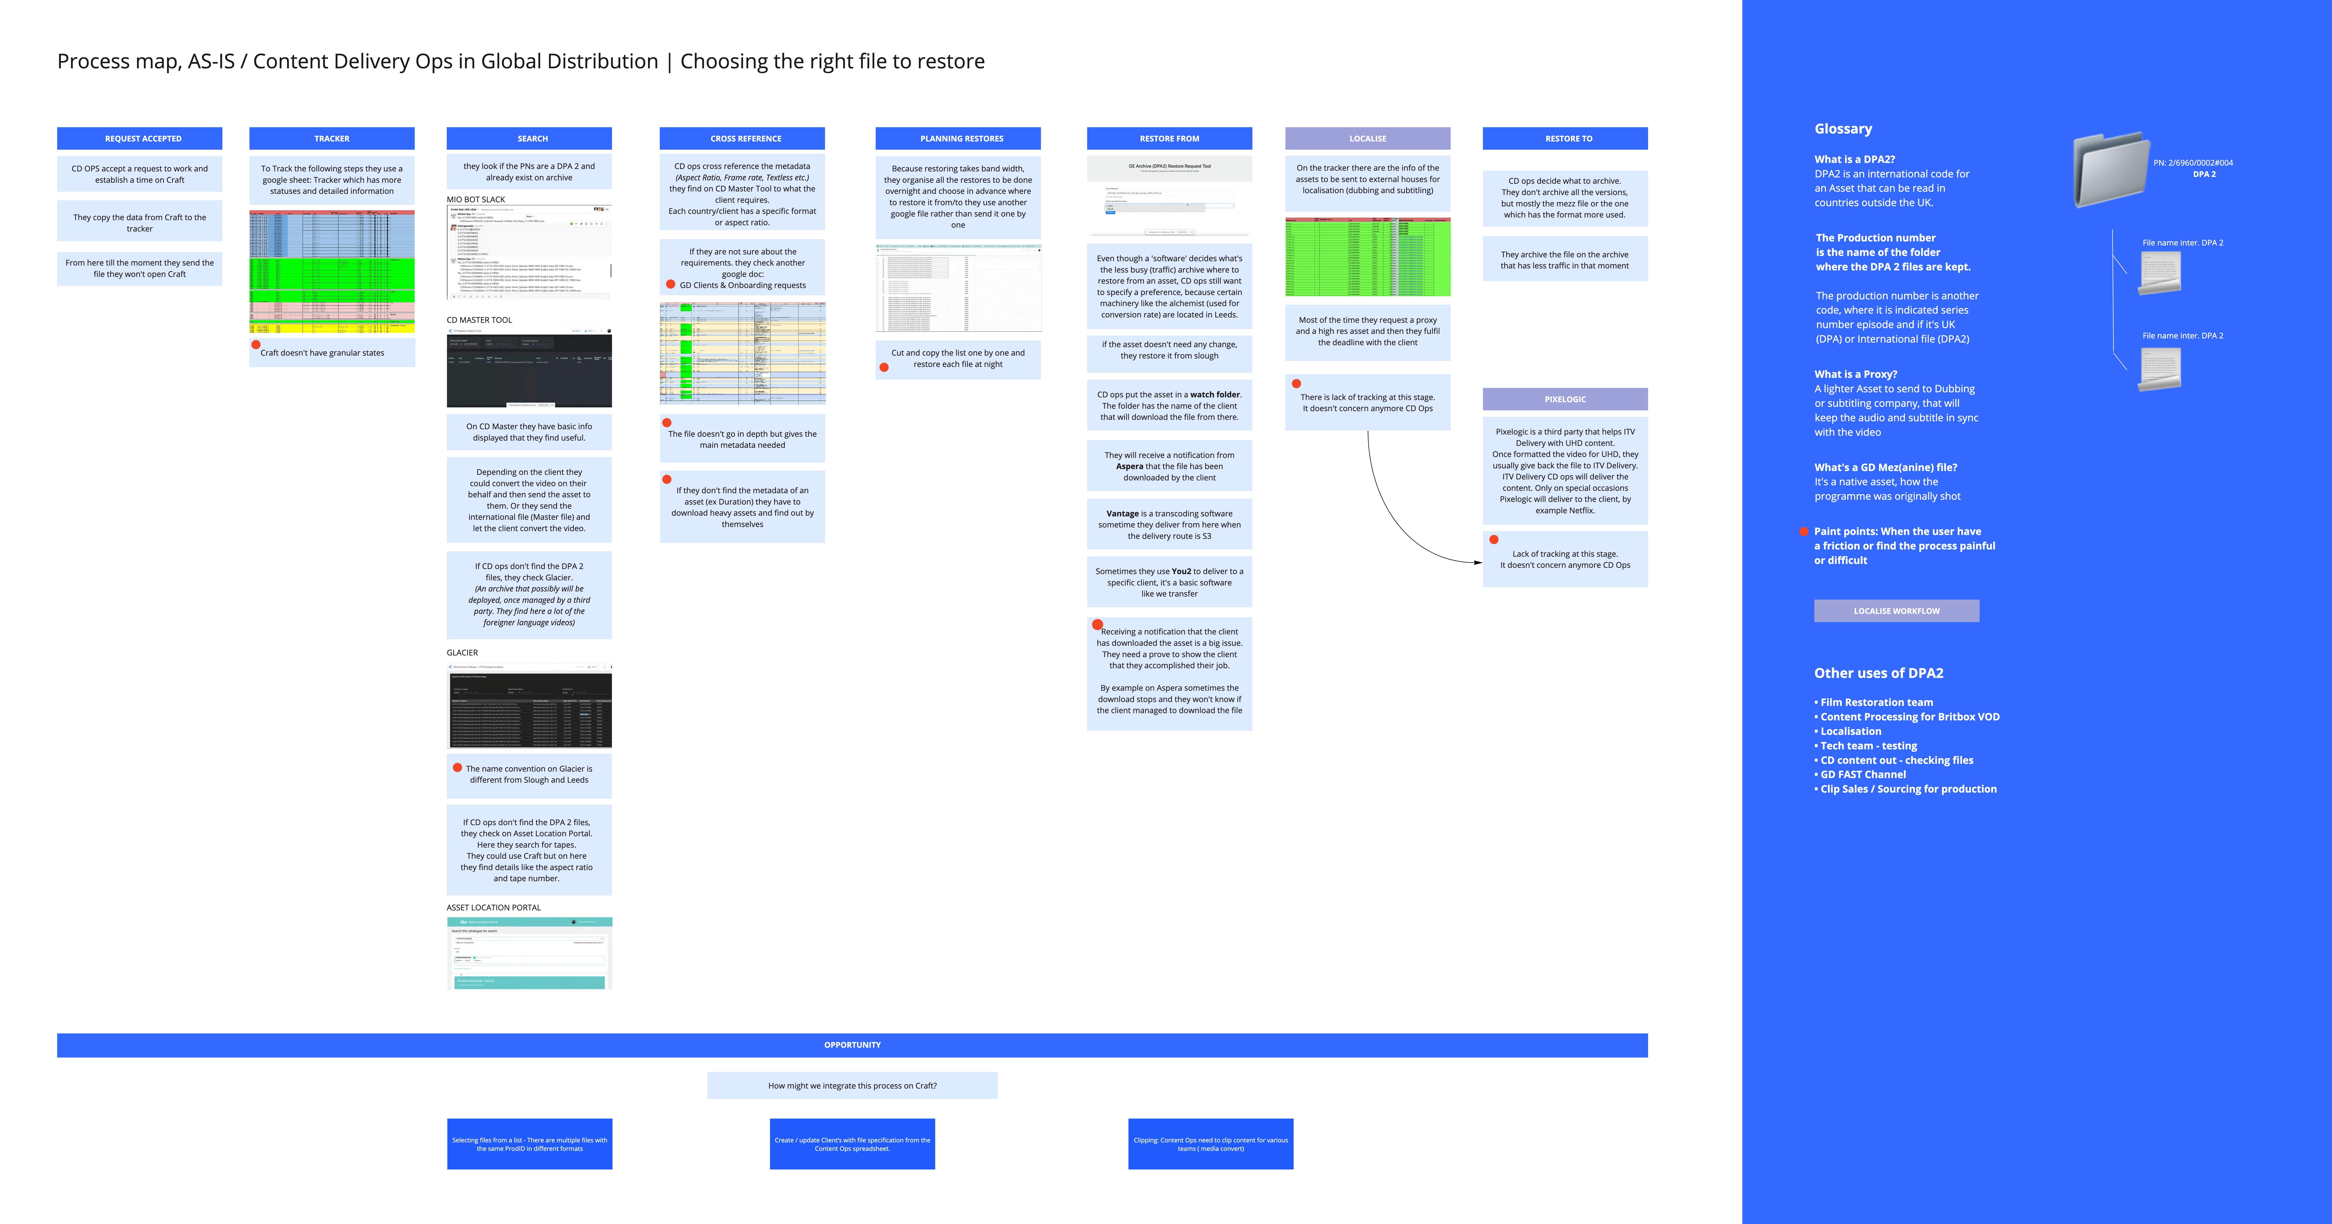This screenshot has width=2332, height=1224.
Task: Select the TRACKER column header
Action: click(x=331, y=139)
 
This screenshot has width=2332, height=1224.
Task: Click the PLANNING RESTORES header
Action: click(x=961, y=139)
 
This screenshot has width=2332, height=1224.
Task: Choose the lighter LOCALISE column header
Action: click(x=1367, y=139)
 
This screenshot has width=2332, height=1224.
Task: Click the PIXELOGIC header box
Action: click(x=1564, y=399)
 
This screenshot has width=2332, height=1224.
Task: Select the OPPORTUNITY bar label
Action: click(x=852, y=1045)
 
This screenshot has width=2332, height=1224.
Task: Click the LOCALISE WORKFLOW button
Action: click(x=1896, y=611)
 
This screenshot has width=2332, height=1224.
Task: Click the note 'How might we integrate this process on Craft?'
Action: click(x=852, y=1085)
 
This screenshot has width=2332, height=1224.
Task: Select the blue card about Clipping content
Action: click(x=1210, y=1144)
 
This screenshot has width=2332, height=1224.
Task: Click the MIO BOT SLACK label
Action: click(x=475, y=199)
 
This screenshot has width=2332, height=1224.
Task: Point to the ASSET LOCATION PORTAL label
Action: click(x=493, y=907)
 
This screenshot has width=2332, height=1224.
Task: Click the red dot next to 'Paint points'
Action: click(x=1804, y=531)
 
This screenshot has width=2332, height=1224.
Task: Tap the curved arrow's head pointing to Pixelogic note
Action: click(x=1479, y=562)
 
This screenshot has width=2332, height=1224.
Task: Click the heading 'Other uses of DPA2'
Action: click(x=1879, y=673)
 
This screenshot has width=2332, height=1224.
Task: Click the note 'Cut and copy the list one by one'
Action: click(x=958, y=359)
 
